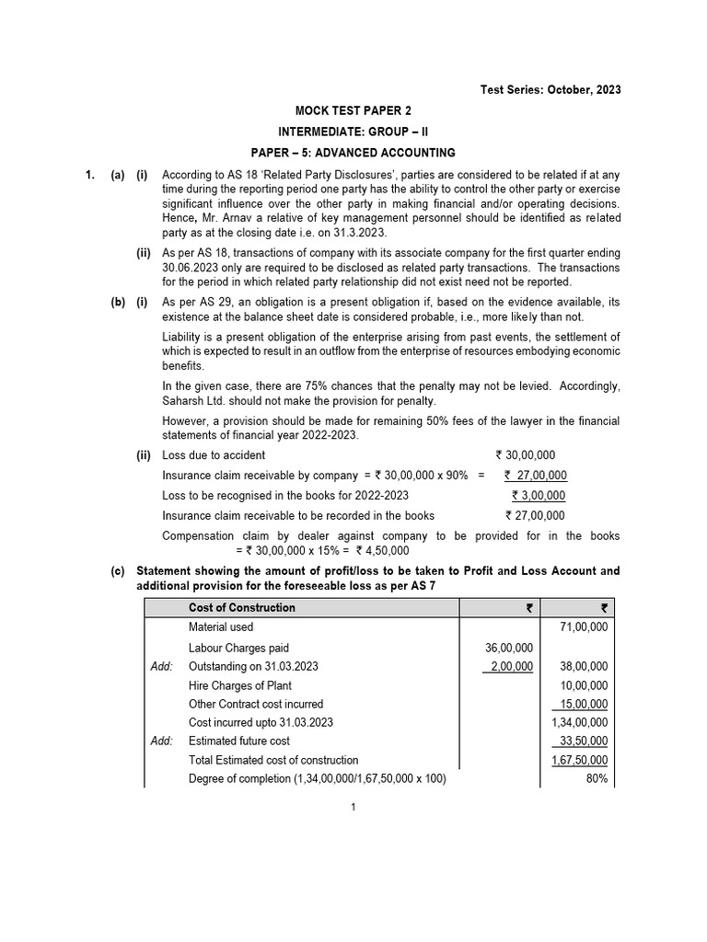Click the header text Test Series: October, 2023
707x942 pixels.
coord(551,89)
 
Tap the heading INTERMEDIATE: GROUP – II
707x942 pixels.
coord(353,131)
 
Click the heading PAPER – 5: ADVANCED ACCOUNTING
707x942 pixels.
coord(353,152)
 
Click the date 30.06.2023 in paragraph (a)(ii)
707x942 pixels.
coord(192,268)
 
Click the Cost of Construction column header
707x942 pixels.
coord(241,607)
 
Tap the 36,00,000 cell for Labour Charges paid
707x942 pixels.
coord(508,648)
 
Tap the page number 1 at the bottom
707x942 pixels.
coord(353,808)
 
